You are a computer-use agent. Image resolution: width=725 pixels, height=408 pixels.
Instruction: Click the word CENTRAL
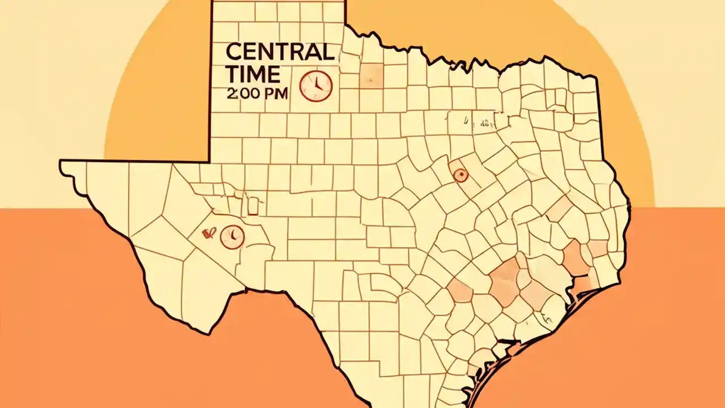click(x=279, y=52)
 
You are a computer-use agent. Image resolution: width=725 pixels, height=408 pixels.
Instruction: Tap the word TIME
click(x=253, y=74)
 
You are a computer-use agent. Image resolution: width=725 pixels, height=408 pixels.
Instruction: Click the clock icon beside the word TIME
click(x=315, y=86)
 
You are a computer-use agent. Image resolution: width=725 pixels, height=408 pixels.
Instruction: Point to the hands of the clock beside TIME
click(x=317, y=85)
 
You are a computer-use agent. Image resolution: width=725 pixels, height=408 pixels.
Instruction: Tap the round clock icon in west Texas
click(x=232, y=236)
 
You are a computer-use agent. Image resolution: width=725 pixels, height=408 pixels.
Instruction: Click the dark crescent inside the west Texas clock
click(x=233, y=233)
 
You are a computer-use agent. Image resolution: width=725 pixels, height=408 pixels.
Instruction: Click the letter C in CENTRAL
click(x=233, y=52)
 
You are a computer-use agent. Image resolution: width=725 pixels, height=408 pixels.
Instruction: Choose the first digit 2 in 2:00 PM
click(x=230, y=94)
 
